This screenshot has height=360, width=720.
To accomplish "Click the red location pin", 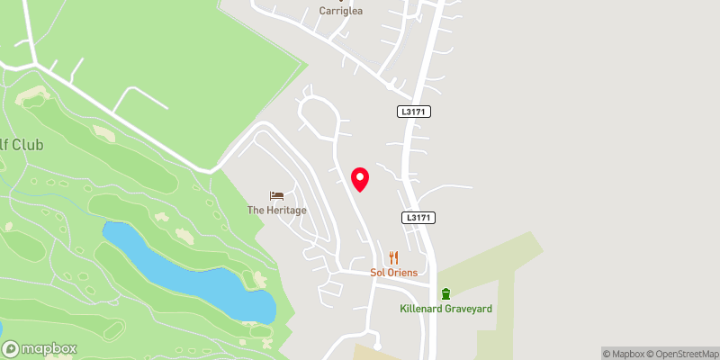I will point(360,178).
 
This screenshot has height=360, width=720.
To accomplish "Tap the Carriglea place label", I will point(342,12).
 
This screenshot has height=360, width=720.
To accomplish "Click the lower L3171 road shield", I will point(418,218).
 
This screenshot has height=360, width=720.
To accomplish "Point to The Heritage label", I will point(277,211).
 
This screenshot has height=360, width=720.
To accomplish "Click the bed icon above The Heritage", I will point(277,195).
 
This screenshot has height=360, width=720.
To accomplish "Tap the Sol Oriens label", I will point(392,272).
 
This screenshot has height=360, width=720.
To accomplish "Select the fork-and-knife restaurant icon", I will point(393,257).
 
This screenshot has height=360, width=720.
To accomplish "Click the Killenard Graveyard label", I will point(445,309).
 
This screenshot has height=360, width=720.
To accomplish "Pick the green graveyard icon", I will point(445,293).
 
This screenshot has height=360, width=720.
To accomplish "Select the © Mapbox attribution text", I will point(624,354).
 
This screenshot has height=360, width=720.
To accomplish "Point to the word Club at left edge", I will point(30,146).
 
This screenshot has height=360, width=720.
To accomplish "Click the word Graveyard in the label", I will point(467,309).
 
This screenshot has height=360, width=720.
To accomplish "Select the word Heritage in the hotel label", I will point(287,211).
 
